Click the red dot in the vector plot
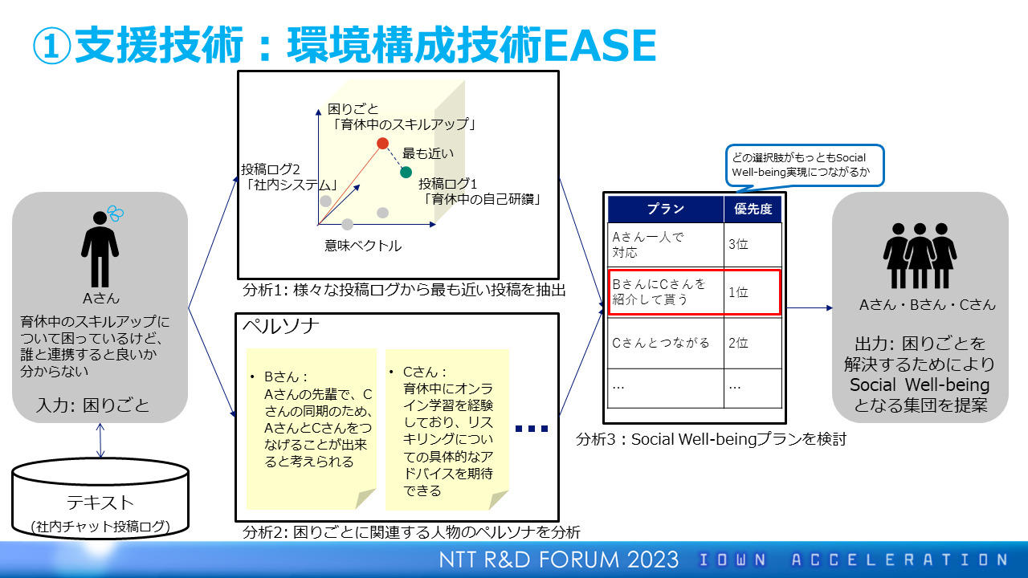point(382,144)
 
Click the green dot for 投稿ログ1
point(406,173)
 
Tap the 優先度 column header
point(753,210)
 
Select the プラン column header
point(666,210)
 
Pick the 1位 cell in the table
point(753,292)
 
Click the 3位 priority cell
point(753,245)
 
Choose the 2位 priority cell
point(753,343)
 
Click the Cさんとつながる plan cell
point(666,343)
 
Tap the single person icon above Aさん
point(100,249)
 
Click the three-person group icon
point(920,255)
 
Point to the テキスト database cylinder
point(100,499)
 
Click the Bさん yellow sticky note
point(311,429)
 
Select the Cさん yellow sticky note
point(447,429)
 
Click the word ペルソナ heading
point(280,327)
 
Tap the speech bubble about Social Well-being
point(805,166)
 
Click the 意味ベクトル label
point(362,246)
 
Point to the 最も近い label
point(428,153)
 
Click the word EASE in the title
point(599,45)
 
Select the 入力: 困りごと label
point(92,405)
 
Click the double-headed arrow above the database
point(100,441)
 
